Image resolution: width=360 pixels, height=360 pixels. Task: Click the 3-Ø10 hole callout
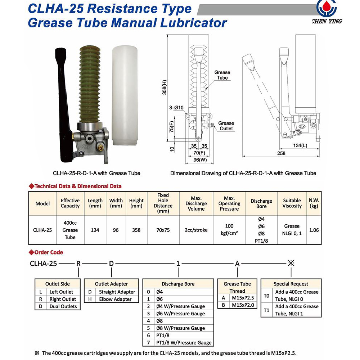(176, 108)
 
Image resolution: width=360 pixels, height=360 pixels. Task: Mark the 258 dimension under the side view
(281, 153)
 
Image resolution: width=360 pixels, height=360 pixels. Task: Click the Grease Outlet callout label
(226, 126)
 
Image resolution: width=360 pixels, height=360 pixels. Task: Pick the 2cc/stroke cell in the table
(196, 230)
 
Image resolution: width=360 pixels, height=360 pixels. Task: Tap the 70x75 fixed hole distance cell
(163, 230)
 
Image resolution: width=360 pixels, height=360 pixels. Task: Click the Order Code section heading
(48, 252)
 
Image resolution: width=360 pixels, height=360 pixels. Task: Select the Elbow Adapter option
(115, 299)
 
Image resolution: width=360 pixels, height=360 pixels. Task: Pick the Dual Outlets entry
(63, 306)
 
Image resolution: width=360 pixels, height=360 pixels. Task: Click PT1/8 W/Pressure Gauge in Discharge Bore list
(184, 343)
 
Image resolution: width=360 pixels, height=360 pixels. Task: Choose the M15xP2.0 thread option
(243, 305)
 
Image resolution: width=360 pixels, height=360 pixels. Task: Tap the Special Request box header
(291, 284)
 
